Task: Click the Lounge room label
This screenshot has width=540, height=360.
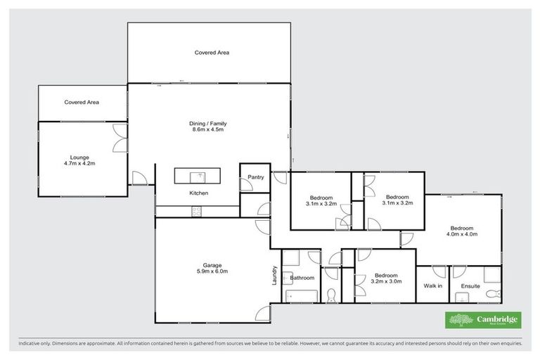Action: pos(78,156)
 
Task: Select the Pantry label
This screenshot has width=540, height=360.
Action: pos(256,177)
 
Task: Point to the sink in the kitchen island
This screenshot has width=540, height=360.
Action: pos(200,176)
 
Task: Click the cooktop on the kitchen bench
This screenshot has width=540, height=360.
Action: pos(195,211)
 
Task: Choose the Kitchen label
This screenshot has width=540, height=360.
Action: pos(198,193)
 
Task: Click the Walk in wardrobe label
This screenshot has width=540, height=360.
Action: pos(432,285)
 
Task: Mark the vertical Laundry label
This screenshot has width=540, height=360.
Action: pos(276,274)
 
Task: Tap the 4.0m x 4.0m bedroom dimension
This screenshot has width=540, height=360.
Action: pos(462,234)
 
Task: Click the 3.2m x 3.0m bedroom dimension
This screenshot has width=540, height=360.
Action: pos(386,282)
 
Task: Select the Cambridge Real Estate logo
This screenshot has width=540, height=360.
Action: pos(484,321)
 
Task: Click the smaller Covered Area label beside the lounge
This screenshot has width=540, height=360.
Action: pos(82,103)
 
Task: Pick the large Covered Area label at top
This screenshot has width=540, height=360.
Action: pos(212,53)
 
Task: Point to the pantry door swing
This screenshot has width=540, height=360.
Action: pos(247,186)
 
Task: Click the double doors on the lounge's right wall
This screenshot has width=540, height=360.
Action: pos(121,140)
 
